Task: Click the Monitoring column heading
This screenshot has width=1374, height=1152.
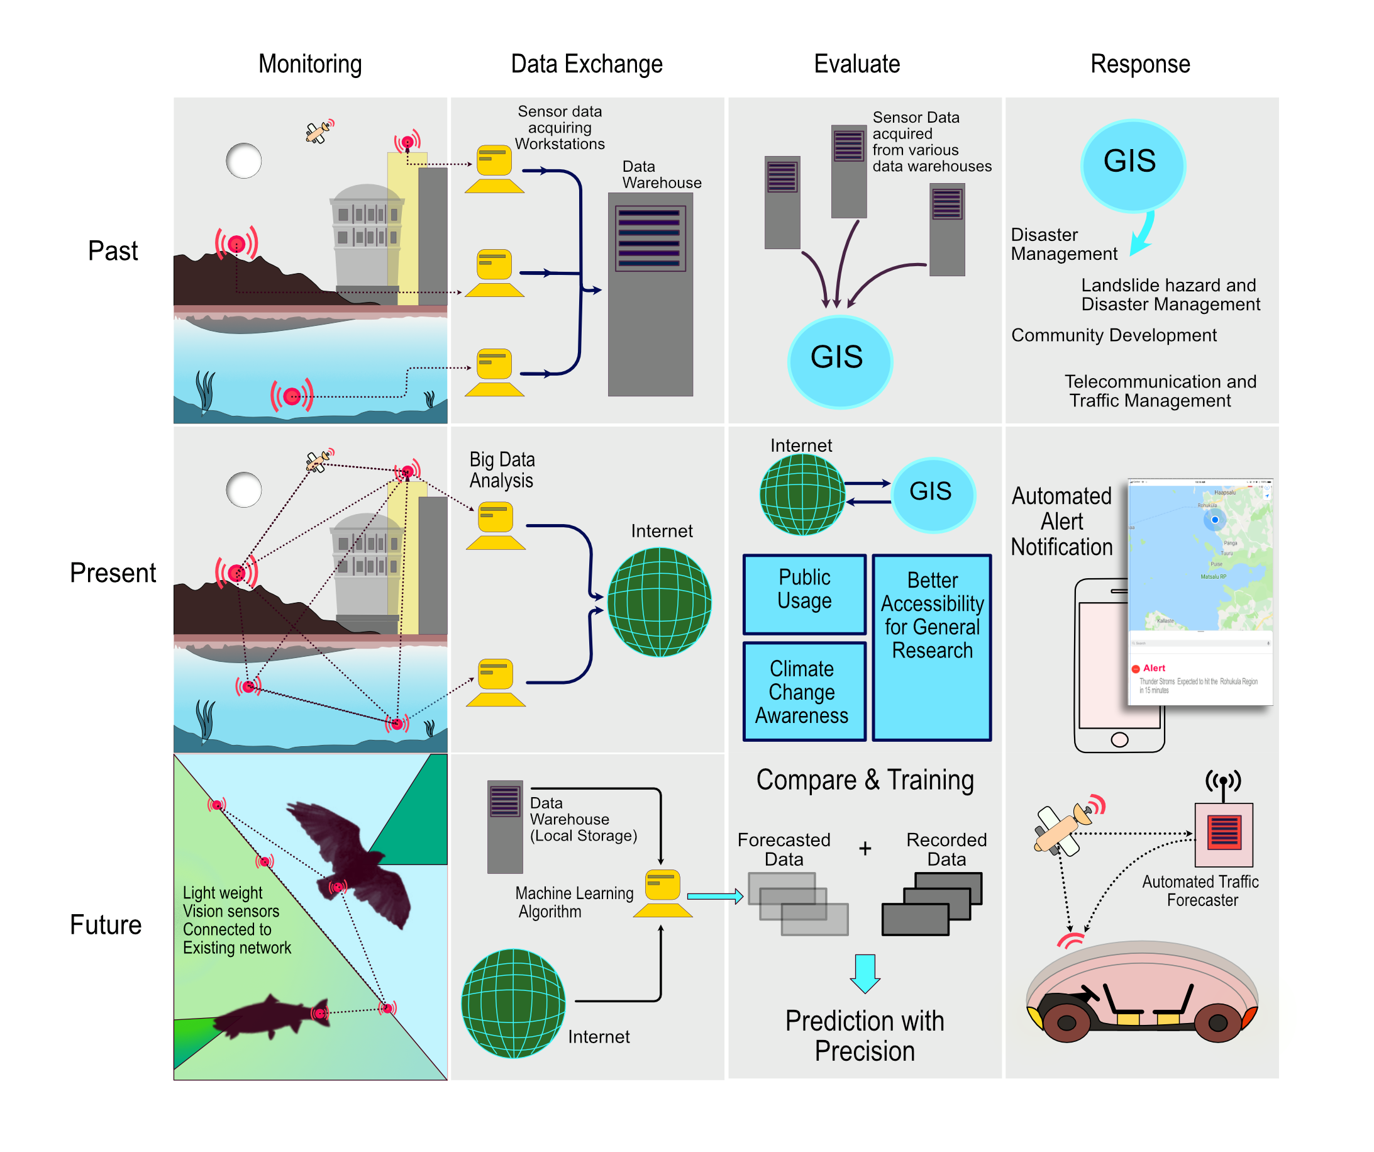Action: (310, 64)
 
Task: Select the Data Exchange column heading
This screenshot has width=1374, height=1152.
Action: (586, 64)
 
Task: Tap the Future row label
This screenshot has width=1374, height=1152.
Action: (106, 925)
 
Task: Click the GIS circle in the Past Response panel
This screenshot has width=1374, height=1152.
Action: (1132, 164)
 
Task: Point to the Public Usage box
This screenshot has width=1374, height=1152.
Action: (804, 593)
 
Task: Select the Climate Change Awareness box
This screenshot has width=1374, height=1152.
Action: (804, 692)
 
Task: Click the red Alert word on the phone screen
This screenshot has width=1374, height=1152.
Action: (1153, 668)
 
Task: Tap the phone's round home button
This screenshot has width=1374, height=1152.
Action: (1119, 740)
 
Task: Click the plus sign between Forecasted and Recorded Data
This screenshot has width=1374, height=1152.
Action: (865, 849)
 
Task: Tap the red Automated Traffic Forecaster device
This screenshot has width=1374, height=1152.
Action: (1224, 834)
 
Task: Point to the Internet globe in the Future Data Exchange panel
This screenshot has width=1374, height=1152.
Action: (514, 1003)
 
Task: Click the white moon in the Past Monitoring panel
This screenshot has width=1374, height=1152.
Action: (243, 161)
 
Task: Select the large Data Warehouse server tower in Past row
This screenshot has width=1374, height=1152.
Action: (650, 294)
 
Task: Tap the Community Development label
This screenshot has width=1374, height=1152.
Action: (1114, 335)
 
